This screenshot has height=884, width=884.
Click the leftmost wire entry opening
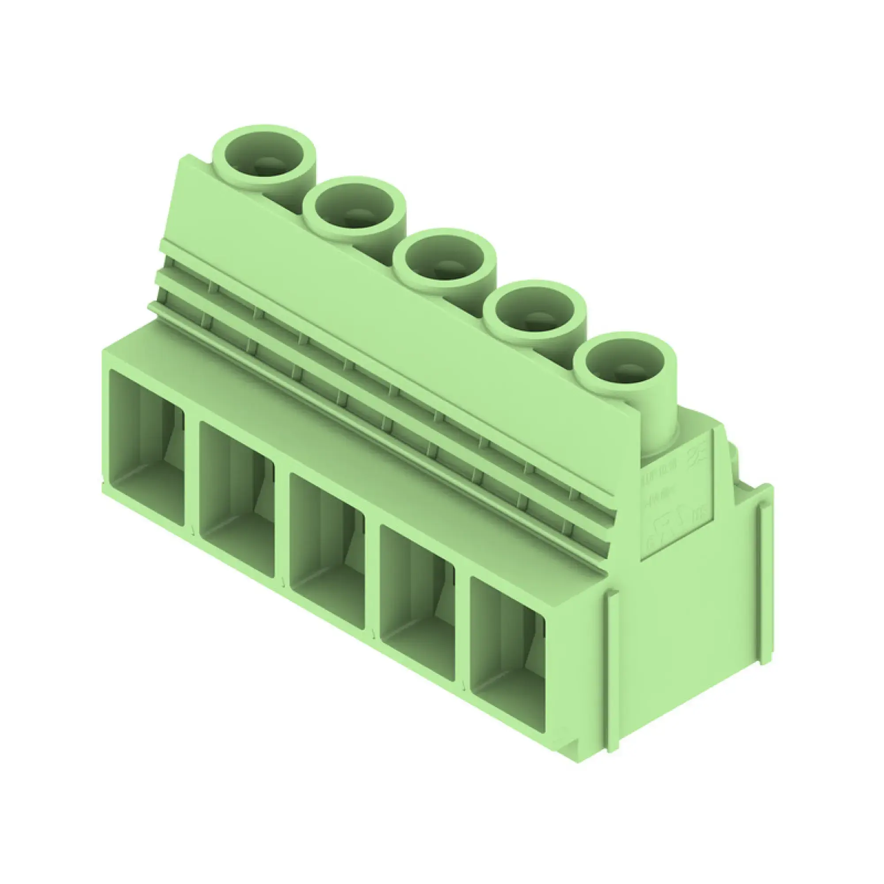[146, 446]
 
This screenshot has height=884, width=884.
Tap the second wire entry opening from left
[237, 499]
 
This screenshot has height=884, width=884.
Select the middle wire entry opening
[327, 550]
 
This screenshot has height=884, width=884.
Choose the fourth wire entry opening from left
[417, 602]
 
